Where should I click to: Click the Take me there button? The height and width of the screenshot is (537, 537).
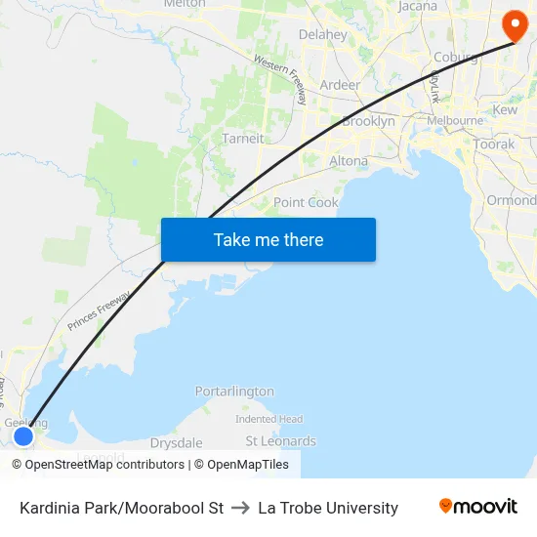[x=268, y=240]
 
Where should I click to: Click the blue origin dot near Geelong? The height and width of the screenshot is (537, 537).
[x=23, y=435]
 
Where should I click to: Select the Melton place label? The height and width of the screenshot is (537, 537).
[x=185, y=4]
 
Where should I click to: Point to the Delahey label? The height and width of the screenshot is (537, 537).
[x=322, y=35]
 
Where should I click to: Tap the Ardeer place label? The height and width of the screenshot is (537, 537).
[x=340, y=85]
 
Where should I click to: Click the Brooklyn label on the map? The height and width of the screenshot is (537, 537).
[x=368, y=122]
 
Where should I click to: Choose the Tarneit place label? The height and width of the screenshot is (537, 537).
[x=243, y=139]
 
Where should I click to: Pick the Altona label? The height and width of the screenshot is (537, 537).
[x=349, y=161]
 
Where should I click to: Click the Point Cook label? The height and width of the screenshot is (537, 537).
[x=306, y=203]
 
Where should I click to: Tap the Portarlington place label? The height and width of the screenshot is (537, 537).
[x=234, y=392]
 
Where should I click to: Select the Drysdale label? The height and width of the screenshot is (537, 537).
[x=177, y=442]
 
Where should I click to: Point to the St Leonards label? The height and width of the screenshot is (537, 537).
[x=280, y=441]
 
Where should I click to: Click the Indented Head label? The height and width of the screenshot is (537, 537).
[x=268, y=419]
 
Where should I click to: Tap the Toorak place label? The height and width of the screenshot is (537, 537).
[x=494, y=144]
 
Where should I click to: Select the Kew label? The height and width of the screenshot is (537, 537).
[x=506, y=110]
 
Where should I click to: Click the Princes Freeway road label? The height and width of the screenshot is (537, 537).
[x=99, y=310]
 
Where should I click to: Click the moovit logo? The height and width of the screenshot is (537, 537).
[x=478, y=506]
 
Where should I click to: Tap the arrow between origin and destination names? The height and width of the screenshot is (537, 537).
[x=240, y=508]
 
